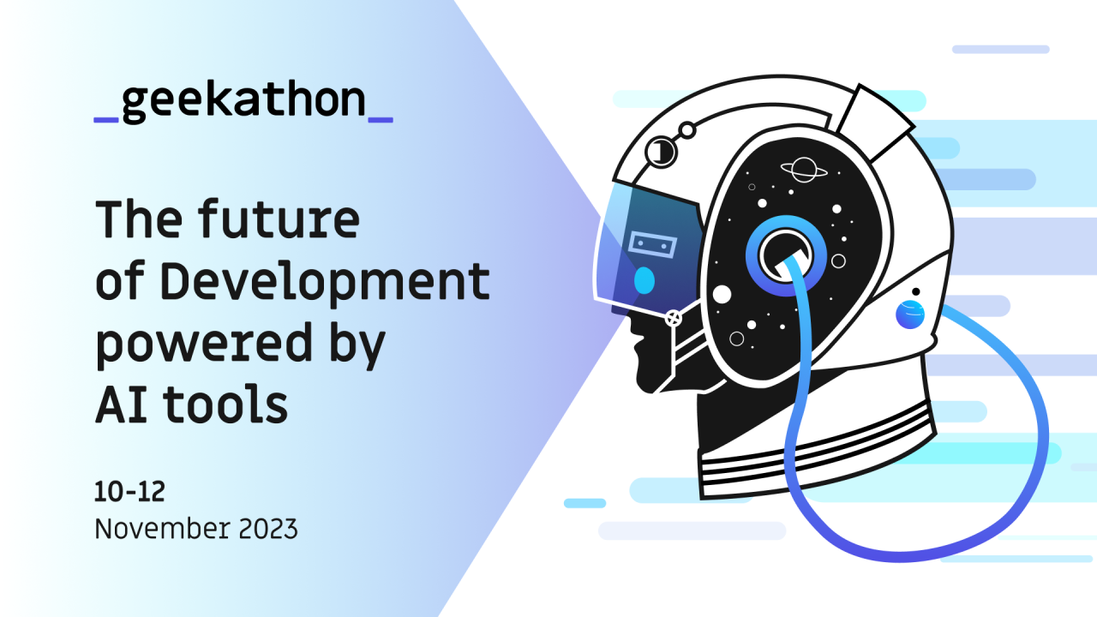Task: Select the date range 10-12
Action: [x=129, y=492]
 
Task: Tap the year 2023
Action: [x=265, y=529]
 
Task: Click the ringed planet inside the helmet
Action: [x=804, y=169]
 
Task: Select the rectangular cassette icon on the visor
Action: [x=652, y=245]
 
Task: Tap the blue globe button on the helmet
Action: [x=910, y=314]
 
